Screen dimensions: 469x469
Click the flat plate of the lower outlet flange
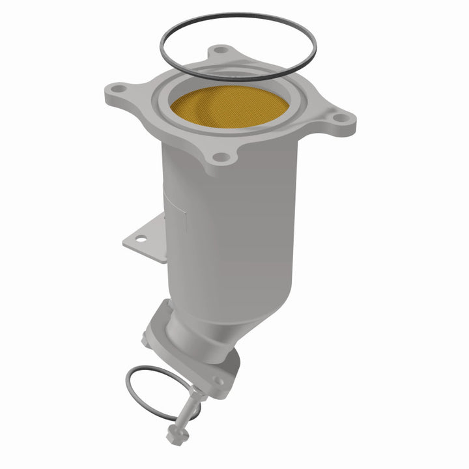[208, 371]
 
